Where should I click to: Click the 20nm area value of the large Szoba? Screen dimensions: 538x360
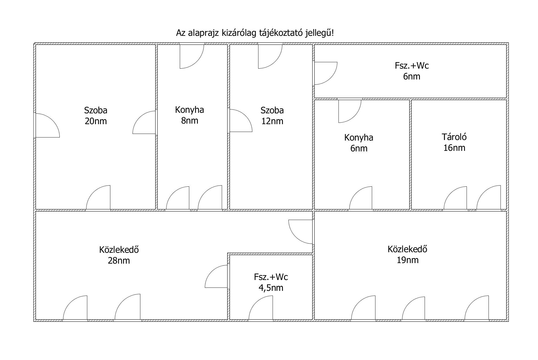(96, 121)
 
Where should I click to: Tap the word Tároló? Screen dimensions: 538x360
(454, 137)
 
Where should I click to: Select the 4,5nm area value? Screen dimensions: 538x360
(271, 288)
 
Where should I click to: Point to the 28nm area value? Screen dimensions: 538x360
(119, 261)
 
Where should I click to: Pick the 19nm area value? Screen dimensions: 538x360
(408, 260)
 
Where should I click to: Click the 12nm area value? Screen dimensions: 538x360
(272, 121)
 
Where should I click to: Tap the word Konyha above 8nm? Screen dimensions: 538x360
(190, 110)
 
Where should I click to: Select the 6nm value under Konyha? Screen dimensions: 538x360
(359, 149)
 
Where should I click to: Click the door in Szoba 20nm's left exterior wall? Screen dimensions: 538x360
(47, 125)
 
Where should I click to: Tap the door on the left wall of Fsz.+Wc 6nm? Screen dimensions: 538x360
(325, 73)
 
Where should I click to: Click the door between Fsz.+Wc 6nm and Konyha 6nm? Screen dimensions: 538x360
(350, 110)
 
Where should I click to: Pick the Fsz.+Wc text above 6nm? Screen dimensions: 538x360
(412, 66)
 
